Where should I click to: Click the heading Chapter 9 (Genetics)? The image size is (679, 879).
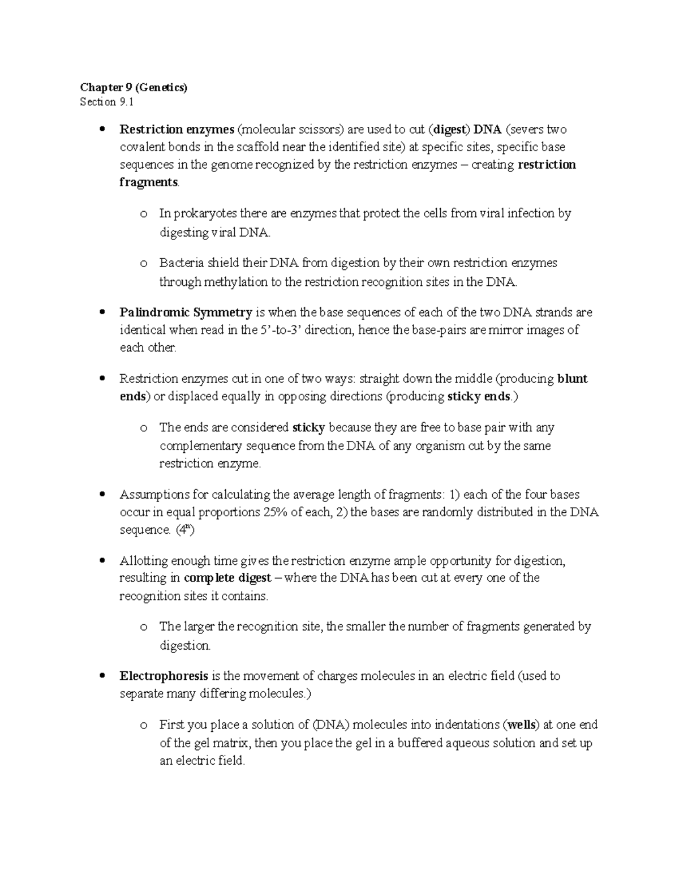[134, 87]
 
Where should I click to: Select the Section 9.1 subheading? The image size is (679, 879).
[107, 102]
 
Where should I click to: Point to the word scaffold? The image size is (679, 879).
[265, 147]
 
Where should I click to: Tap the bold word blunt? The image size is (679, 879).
[572, 379]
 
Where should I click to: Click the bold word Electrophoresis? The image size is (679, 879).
[164, 676]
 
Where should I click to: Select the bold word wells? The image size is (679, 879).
[521, 724]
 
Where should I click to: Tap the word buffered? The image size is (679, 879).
[419, 743]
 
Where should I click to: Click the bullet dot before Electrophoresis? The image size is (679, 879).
[102, 676]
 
